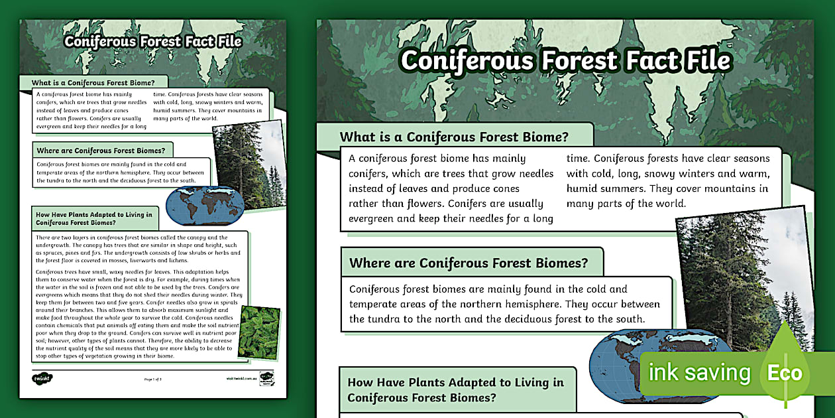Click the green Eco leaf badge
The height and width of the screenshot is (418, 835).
[785, 372]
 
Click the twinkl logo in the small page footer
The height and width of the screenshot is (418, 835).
[42, 378]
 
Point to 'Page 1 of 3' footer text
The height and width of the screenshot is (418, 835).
[152, 379]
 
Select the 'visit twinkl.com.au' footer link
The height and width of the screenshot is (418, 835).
[241, 379]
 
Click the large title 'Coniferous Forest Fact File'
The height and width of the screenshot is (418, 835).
[565, 60]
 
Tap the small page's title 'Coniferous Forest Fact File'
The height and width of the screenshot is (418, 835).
[152, 42]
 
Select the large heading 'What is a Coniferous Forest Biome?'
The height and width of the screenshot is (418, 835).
[454, 137]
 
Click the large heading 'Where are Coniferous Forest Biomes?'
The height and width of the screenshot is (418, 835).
[469, 263]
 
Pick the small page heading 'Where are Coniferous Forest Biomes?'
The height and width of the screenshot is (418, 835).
[101, 151]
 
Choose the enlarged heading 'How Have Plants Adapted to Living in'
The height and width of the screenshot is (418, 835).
[455, 382]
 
